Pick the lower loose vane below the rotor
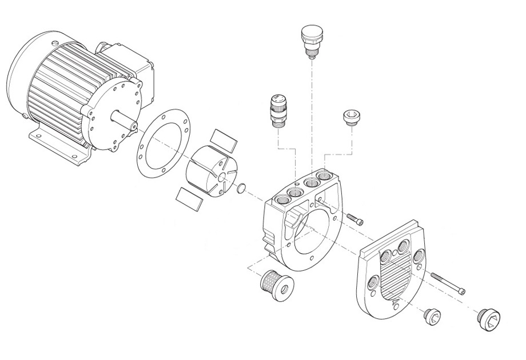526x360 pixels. click(190, 198)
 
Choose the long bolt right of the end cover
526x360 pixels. click(448, 283)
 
